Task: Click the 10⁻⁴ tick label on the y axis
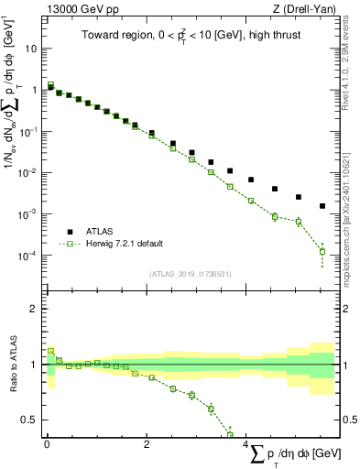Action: [28, 255]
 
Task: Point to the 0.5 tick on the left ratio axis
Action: [30, 420]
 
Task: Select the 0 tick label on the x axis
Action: [46, 444]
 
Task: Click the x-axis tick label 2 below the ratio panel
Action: [147, 444]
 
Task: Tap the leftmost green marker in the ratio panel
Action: [51, 351]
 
